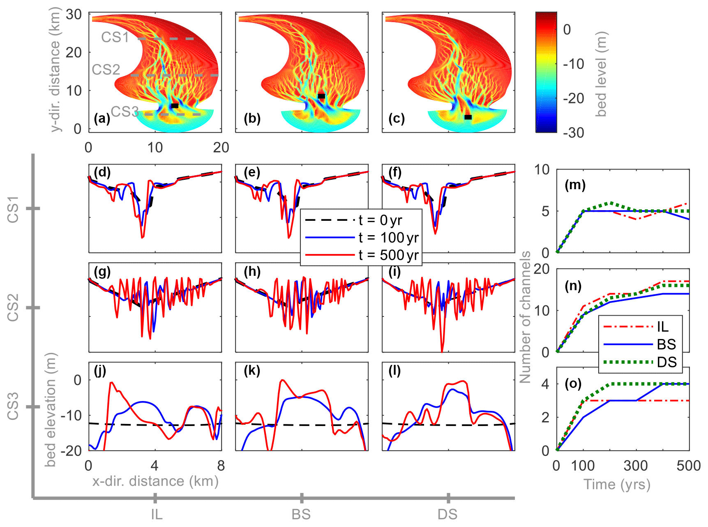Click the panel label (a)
102,119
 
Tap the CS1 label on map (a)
115,37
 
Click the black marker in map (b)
321,96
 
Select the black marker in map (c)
468,117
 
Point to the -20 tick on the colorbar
573,99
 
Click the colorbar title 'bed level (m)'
601,74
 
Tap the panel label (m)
575,185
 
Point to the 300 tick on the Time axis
636,466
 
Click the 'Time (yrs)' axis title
617,484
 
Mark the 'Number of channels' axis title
526,317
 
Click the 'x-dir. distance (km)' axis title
155,481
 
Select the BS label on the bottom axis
301,514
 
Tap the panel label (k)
252,371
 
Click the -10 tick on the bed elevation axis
71,415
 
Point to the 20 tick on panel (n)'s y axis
542,269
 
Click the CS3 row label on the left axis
13,406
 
